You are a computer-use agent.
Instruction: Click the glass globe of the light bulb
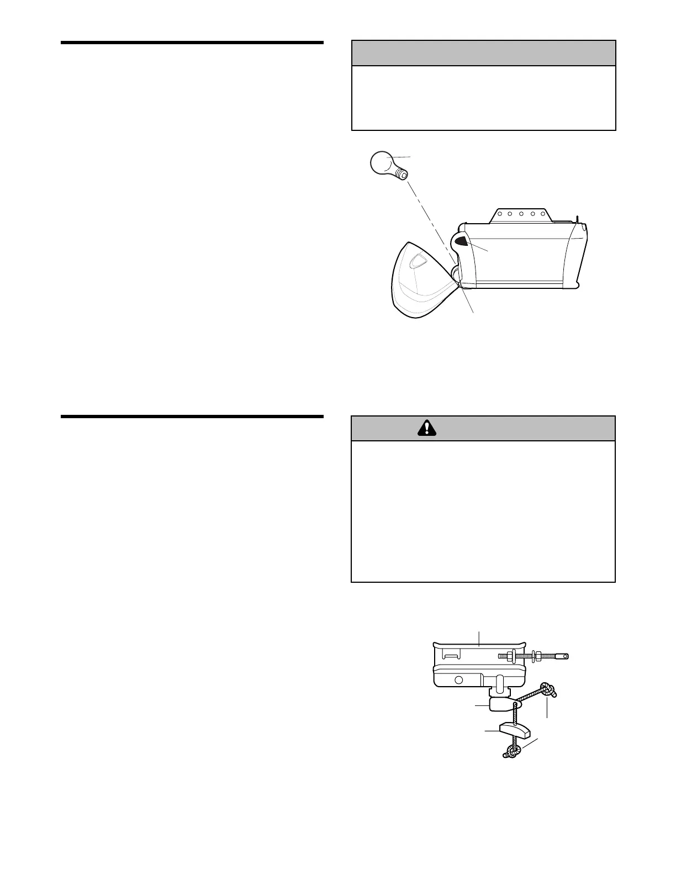[382, 164]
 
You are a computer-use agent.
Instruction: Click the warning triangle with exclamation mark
[426, 428]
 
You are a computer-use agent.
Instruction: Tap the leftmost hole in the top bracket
[499, 213]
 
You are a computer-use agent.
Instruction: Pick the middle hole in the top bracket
[521, 213]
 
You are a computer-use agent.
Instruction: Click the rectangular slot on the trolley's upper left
[451, 656]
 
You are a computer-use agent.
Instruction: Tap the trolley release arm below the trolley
[501, 705]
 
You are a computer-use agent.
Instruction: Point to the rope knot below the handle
[511, 751]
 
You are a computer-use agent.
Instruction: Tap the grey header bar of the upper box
[483, 53]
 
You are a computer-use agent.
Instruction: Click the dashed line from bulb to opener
[431, 215]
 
